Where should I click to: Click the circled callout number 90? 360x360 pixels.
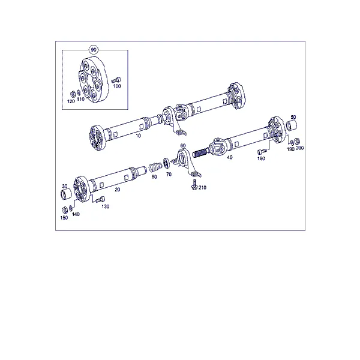[x=94, y=50]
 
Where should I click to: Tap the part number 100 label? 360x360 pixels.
[x=117, y=86]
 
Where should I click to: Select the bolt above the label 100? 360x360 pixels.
[x=116, y=80]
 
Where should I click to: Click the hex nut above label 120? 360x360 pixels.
[x=71, y=94]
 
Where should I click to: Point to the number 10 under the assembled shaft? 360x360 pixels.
[x=138, y=136]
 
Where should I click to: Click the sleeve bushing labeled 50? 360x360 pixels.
[x=292, y=125]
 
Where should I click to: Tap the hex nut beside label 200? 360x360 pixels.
[x=297, y=141]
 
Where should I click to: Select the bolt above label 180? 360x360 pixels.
[x=262, y=152]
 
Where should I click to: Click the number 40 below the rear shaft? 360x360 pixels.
[x=229, y=157]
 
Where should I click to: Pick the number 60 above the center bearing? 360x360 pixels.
[x=183, y=146]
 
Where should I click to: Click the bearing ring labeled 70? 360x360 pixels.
[x=166, y=163]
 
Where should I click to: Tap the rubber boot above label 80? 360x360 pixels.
[x=155, y=167]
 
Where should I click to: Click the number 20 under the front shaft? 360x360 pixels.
[x=118, y=190]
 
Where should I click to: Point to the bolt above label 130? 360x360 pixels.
[x=100, y=199]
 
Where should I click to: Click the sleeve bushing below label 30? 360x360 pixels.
[x=65, y=194]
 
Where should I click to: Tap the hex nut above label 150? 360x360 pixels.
[x=65, y=209]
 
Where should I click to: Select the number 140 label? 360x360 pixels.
[x=76, y=214]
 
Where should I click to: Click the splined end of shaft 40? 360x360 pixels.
[x=201, y=153]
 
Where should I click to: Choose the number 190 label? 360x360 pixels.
[x=290, y=149]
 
